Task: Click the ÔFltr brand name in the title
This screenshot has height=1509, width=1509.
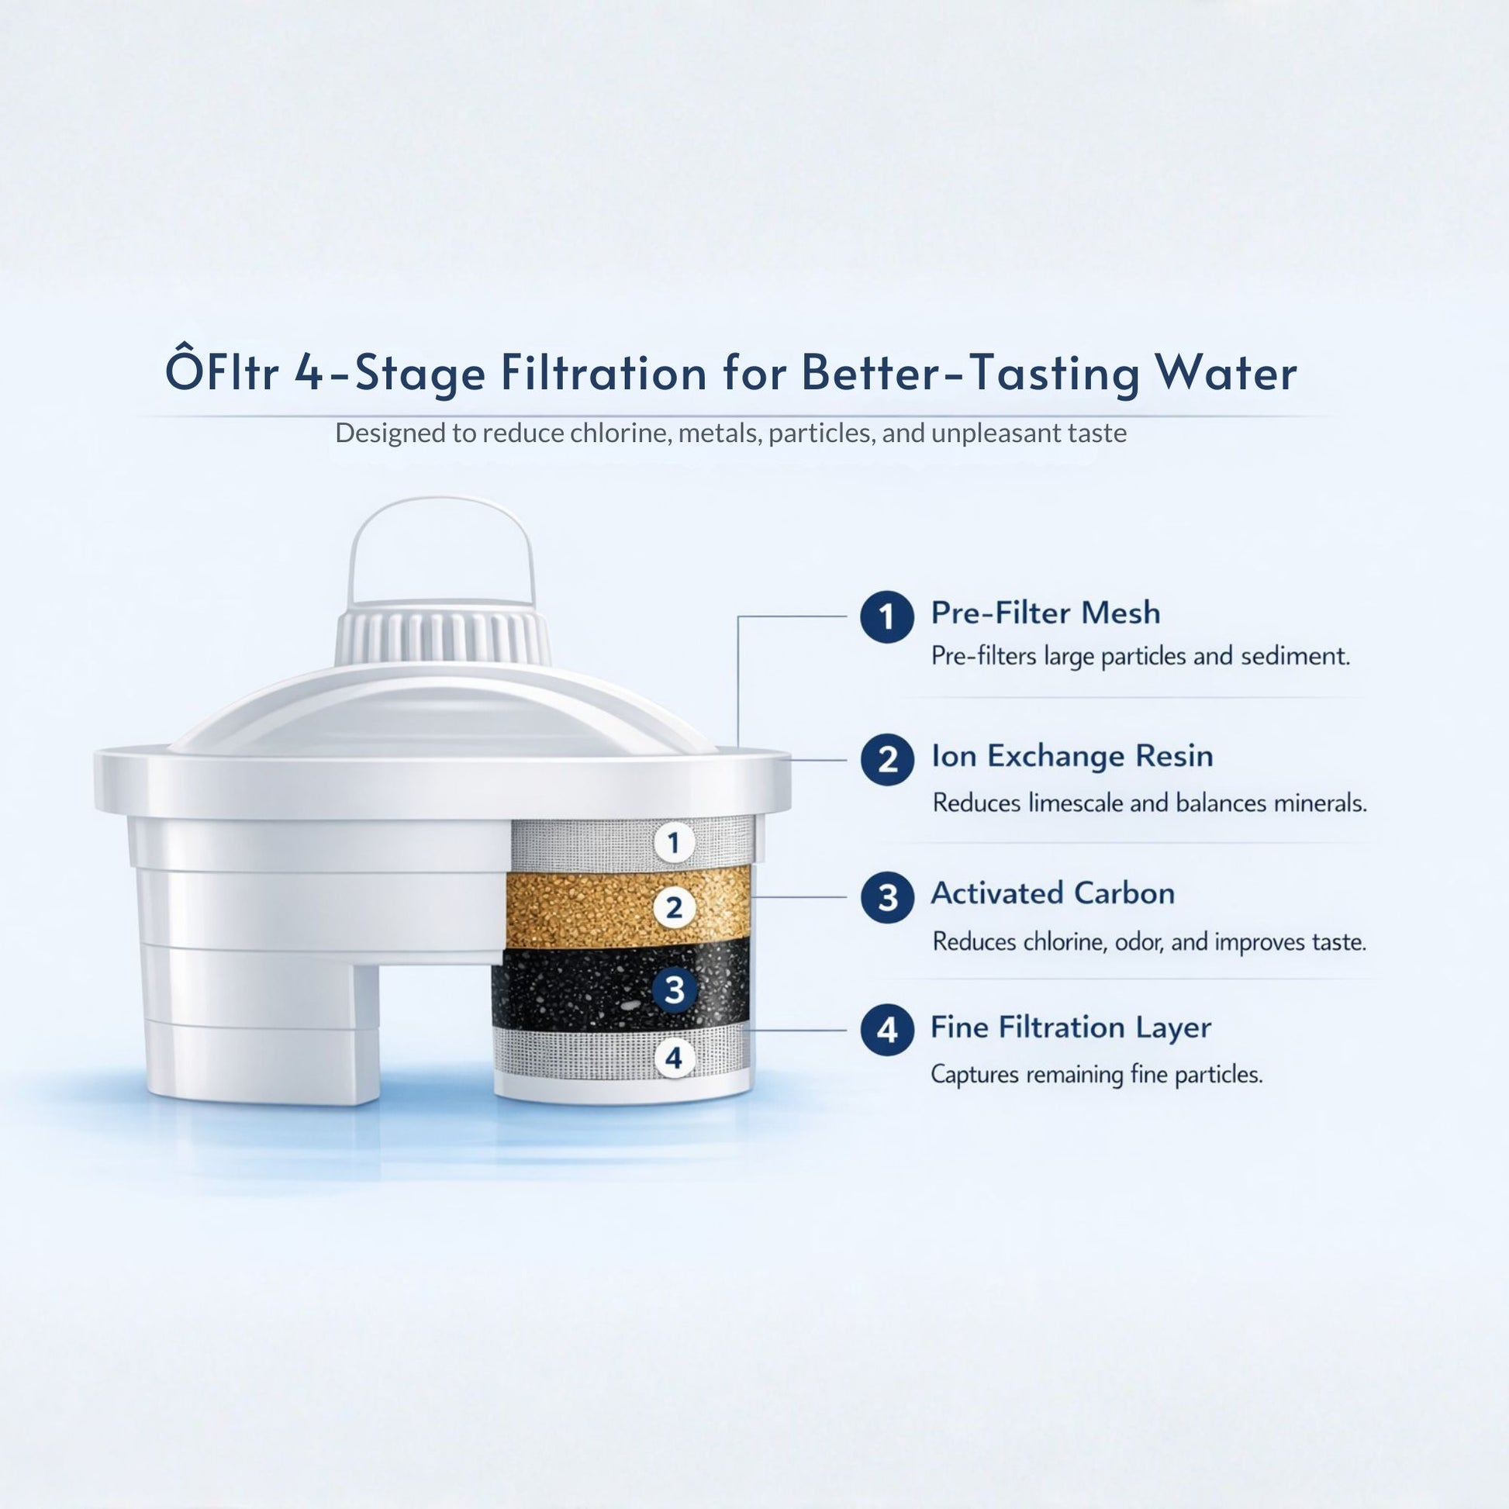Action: point(222,372)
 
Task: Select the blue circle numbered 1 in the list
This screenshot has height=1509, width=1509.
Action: point(886,616)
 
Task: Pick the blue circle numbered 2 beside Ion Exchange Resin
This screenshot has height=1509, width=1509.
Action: point(887,759)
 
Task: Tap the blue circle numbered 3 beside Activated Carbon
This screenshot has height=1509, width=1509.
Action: point(887,897)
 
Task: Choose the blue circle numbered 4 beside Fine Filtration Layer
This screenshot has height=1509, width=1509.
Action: point(887,1031)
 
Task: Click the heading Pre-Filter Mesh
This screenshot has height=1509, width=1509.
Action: point(1045,613)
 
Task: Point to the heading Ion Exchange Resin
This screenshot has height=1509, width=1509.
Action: point(1072,756)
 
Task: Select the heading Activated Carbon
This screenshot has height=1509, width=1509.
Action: point(1052,893)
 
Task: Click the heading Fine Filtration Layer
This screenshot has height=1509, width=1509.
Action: point(1070,1027)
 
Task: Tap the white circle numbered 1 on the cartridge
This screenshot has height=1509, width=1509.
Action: point(673,843)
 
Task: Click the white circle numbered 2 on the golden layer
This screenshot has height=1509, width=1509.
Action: point(674,907)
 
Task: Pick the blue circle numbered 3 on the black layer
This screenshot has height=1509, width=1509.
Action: point(674,989)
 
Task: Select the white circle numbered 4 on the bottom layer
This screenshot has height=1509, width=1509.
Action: point(673,1058)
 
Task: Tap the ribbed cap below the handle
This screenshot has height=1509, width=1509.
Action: point(443,637)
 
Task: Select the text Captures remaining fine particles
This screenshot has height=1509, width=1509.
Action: point(1096,1075)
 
